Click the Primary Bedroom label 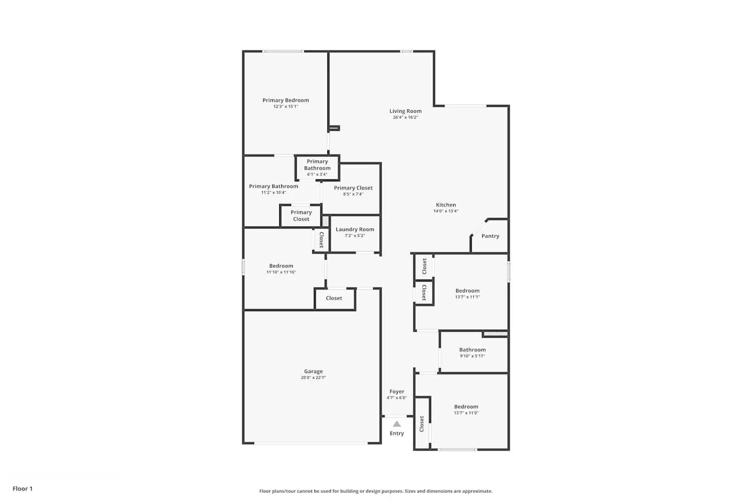coord(286,100)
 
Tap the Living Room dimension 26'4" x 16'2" coord(405,118)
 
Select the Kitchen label coord(446,205)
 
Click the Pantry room coord(490,236)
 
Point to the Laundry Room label coord(355,229)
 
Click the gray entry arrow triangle coord(397,424)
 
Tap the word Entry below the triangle coord(397,433)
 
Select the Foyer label coord(397,392)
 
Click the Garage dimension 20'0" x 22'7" coord(313,378)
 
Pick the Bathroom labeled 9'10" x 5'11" coord(472,352)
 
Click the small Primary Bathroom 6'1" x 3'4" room coord(317,168)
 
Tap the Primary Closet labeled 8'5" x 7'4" coord(353,190)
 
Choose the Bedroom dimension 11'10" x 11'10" coord(281,273)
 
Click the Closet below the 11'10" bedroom coord(334,299)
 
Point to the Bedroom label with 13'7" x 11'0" coord(466,407)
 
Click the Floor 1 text coord(23,489)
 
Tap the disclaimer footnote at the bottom coord(375,491)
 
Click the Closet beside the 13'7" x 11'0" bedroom coord(422,423)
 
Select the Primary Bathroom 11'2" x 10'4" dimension coord(273,193)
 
